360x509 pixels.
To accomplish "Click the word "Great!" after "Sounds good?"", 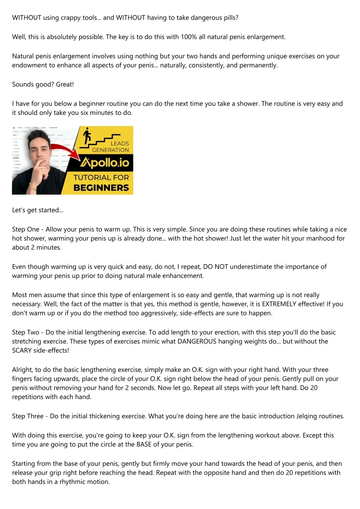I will pyautogui.click(x=65, y=84).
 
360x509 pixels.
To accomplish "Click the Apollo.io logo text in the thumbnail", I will pyautogui.click(x=104, y=162).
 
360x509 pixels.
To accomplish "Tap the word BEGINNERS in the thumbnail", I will pyautogui.click(x=101, y=188).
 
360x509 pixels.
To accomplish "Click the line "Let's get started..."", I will pyautogui.click(x=38, y=210).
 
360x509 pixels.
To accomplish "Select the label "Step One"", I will pyautogui.click(x=26, y=229).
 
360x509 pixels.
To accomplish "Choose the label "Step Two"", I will pyautogui.click(x=26, y=332).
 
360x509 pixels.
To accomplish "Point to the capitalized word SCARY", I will pyautogui.click(x=22, y=351).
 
